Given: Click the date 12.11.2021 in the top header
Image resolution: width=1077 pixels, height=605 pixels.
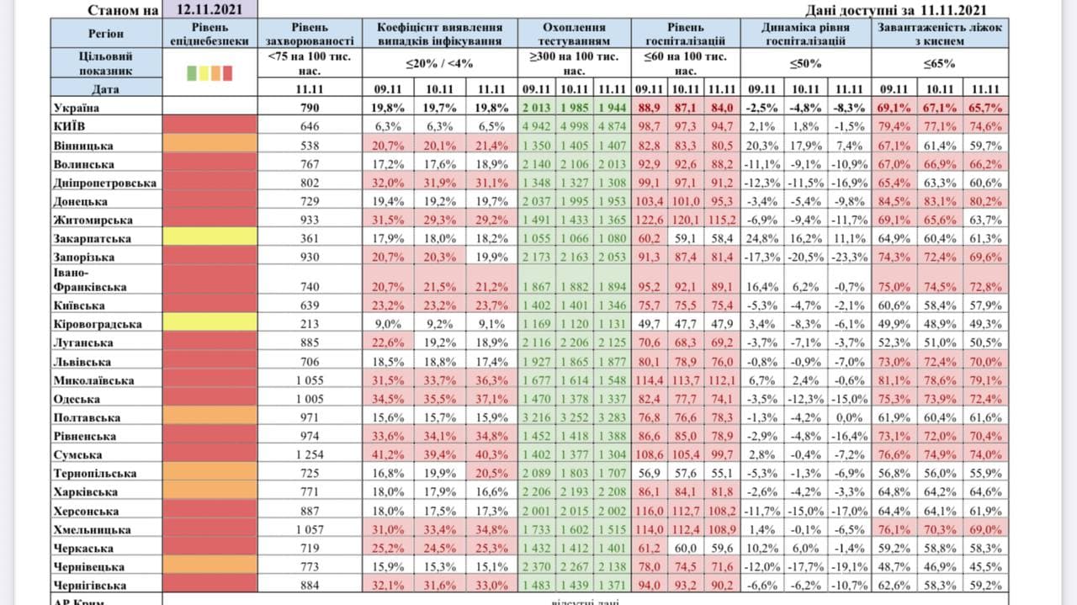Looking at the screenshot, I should click(x=210, y=9).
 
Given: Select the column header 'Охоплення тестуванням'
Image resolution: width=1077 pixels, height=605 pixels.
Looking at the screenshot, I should click(x=574, y=34).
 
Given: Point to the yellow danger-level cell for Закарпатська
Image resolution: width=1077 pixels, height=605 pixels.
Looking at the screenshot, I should click(x=210, y=239).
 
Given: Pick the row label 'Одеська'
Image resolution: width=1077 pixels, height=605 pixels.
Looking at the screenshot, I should click(x=77, y=399).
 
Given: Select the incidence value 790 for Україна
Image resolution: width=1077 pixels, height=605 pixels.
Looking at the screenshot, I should click(x=309, y=108).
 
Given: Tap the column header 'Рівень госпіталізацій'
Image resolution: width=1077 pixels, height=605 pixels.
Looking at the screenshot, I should click(x=685, y=34).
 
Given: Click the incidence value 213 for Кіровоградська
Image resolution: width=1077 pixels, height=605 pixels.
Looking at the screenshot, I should click(x=309, y=324).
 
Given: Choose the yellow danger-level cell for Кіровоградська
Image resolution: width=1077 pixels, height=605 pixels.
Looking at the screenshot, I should click(x=210, y=324).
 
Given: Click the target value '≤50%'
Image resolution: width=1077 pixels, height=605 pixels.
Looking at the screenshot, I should click(x=805, y=63).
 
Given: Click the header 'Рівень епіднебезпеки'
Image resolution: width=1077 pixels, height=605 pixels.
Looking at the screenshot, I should click(x=210, y=34).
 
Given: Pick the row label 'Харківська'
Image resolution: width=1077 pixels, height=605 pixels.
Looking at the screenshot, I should click(x=85, y=492).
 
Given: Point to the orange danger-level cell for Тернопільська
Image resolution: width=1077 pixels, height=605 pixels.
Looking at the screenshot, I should click(x=210, y=474).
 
